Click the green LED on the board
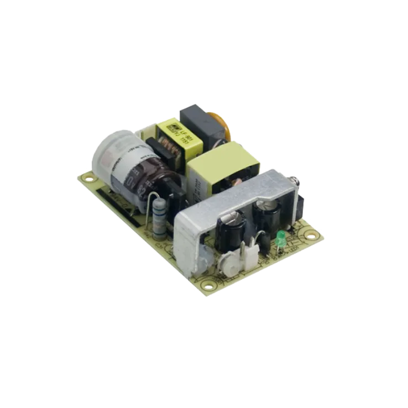click(280, 237)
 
